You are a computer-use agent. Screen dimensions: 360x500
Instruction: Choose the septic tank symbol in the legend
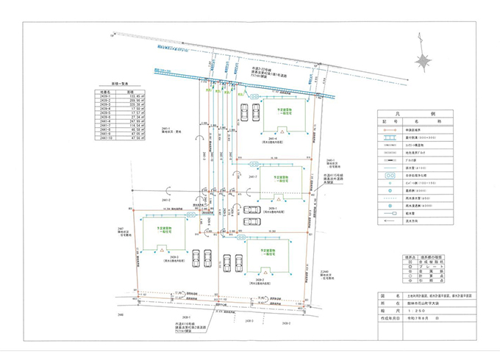(392, 177)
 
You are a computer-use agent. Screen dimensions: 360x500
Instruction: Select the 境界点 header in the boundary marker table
(390, 257)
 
